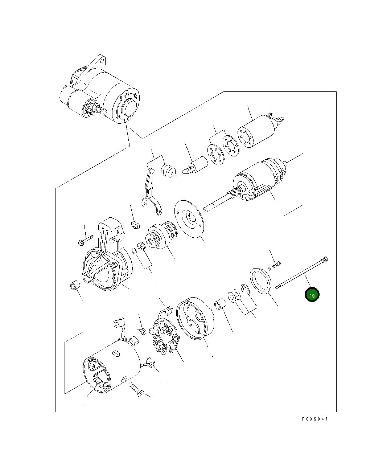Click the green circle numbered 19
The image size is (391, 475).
click(x=312, y=295)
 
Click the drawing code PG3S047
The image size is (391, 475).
click(x=314, y=419)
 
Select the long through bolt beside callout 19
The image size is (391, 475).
click(x=302, y=273)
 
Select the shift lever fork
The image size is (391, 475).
click(x=151, y=191)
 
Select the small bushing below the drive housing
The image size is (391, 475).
click(x=75, y=286)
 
